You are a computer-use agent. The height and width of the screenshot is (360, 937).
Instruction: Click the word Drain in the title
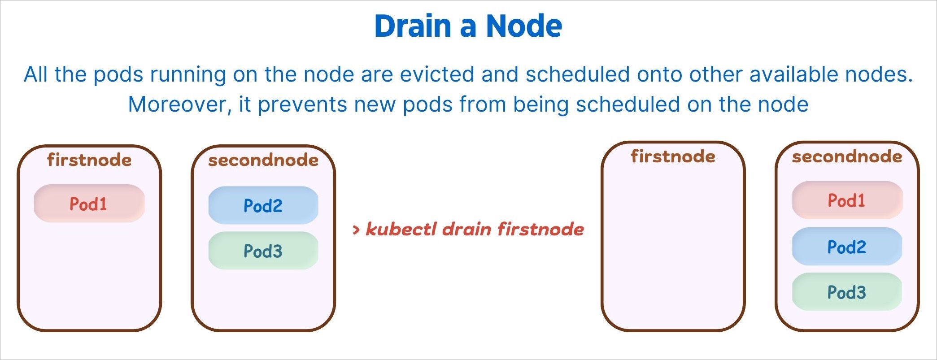coord(412,26)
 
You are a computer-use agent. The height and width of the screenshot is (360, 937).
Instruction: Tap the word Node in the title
coord(524,26)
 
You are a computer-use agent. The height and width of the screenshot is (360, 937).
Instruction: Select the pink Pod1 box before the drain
coord(89,204)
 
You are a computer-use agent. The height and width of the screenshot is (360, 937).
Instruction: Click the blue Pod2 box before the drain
coord(263,205)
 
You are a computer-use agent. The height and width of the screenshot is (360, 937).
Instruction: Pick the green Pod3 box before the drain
coord(263,251)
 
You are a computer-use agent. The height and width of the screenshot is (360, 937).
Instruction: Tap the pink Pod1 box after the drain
coord(847,200)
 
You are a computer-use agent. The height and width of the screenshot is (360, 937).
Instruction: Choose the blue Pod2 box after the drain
coord(847,247)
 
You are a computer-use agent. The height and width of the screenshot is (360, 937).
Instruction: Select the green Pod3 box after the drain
coord(847,292)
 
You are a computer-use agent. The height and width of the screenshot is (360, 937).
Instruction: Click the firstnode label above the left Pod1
coord(89,160)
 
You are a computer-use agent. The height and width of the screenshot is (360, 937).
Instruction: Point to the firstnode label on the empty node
coord(673,156)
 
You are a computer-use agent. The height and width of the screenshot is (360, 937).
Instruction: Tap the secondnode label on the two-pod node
coord(263,160)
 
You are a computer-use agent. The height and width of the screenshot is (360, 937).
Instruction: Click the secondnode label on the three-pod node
coord(847,156)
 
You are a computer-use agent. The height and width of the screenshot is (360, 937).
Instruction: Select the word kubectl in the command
coord(401,229)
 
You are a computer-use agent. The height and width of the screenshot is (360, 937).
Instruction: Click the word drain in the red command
coord(467,229)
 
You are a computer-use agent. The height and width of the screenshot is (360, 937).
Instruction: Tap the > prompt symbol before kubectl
coord(356,230)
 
